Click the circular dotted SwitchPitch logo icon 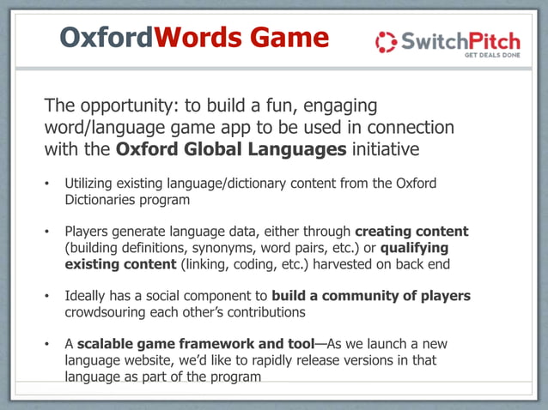(387, 41)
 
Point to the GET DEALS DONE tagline (492, 55)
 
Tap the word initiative (384, 149)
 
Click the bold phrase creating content (411, 232)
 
